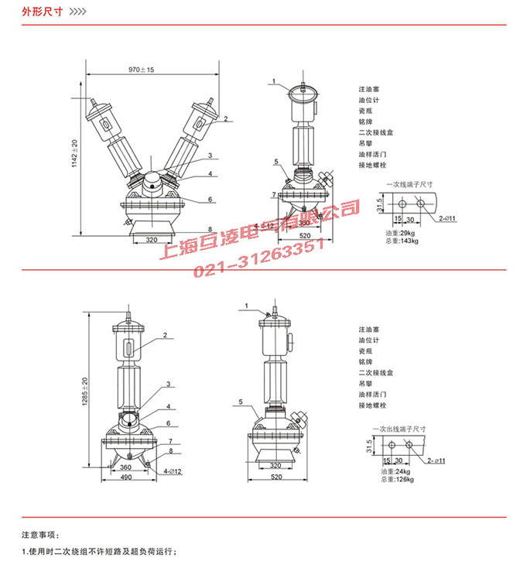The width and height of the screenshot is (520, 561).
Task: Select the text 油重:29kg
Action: (x=399, y=232)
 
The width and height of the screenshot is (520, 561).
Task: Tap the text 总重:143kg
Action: (x=400, y=240)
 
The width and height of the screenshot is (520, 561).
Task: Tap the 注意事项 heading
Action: (x=39, y=535)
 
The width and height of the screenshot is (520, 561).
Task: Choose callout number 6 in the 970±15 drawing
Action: (x=209, y=200)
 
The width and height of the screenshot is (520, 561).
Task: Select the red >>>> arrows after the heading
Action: (x=79, y=13)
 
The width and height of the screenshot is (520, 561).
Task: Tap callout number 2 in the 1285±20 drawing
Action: (x=164, y=335)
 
